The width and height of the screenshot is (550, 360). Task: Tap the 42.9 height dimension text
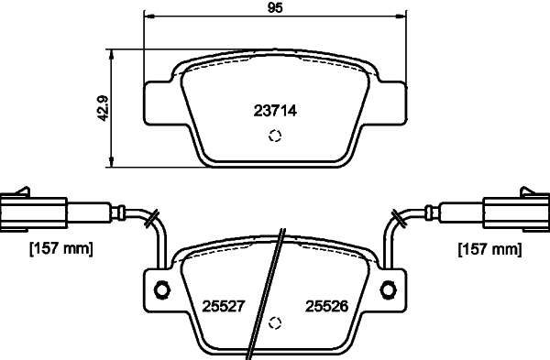[104, 109]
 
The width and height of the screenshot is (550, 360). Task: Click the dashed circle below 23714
[273, 137]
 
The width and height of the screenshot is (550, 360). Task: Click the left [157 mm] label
[61, 248]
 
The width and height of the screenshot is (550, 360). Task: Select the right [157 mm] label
[488, 248]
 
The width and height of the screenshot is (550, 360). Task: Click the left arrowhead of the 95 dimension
[149, 16]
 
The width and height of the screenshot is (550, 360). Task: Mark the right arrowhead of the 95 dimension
[401, 16]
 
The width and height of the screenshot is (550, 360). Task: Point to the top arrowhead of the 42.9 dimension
[112, 53]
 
